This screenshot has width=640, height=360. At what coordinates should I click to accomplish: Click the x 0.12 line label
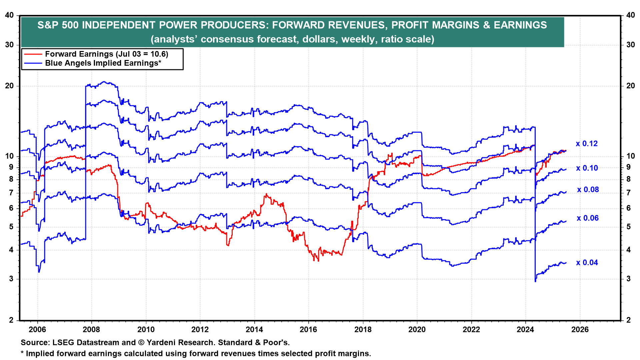(587, 144)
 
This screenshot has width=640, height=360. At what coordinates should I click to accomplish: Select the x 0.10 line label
(587, 168)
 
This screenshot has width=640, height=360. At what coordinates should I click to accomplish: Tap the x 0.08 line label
(588, 190)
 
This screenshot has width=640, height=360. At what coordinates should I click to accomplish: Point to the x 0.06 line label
(588, 218)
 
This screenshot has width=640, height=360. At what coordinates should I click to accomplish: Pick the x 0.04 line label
(587, 263)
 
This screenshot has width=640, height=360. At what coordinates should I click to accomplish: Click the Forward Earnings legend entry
(106, 54)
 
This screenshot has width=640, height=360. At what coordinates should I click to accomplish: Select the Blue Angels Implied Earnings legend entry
(103, 63)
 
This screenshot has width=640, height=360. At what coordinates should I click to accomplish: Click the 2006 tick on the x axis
(37, 329)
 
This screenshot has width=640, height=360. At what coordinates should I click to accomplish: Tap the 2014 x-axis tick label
(254, 329)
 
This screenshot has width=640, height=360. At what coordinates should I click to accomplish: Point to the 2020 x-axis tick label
(417, 329)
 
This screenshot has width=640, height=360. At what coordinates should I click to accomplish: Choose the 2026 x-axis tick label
(580, 329)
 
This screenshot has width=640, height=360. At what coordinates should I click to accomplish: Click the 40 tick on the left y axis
(9, 15)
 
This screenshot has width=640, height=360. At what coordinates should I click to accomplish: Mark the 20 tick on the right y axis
(631, 86)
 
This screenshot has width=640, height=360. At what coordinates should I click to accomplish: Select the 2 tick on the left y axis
(12, 320)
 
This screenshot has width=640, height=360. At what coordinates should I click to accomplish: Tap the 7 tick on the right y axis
(629, 193)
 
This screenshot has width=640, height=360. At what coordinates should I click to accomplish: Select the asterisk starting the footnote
(23, 353)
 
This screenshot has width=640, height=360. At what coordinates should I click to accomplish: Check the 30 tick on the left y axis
(9, 45)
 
